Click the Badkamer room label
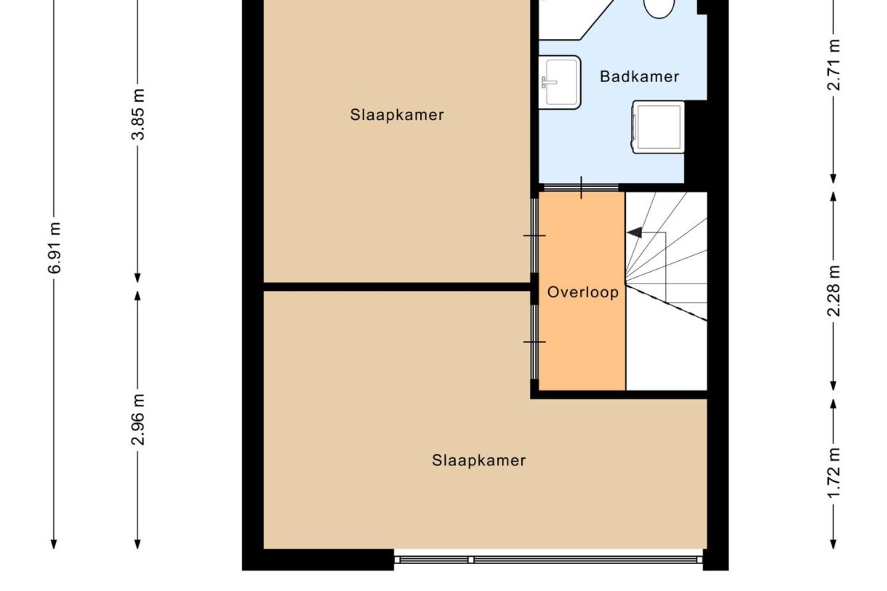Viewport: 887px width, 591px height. (639, 76)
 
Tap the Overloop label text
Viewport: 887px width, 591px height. (583, 292)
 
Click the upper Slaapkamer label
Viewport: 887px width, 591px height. (397, 115)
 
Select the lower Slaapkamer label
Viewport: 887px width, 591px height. (478, 460)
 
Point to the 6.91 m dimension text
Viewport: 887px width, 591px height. (55, 248)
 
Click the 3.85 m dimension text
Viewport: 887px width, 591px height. (138, 114)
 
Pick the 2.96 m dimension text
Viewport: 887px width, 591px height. (138, 420)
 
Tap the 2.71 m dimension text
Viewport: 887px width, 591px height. (833, 65)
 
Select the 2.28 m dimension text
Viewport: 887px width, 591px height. (833, 291)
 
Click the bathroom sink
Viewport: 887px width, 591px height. (560, 82)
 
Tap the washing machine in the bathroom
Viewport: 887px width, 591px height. (658, 127)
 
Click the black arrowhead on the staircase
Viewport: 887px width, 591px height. (635, 233)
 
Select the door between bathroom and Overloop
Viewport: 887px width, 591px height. (581, 188)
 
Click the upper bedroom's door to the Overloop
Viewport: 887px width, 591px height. (534, 236)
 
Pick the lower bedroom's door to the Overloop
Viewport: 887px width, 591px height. (534, 342)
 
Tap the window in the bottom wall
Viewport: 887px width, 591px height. (548, 560)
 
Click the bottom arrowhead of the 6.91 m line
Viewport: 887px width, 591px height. (54, 544)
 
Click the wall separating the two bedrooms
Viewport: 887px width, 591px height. (397, 287)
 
